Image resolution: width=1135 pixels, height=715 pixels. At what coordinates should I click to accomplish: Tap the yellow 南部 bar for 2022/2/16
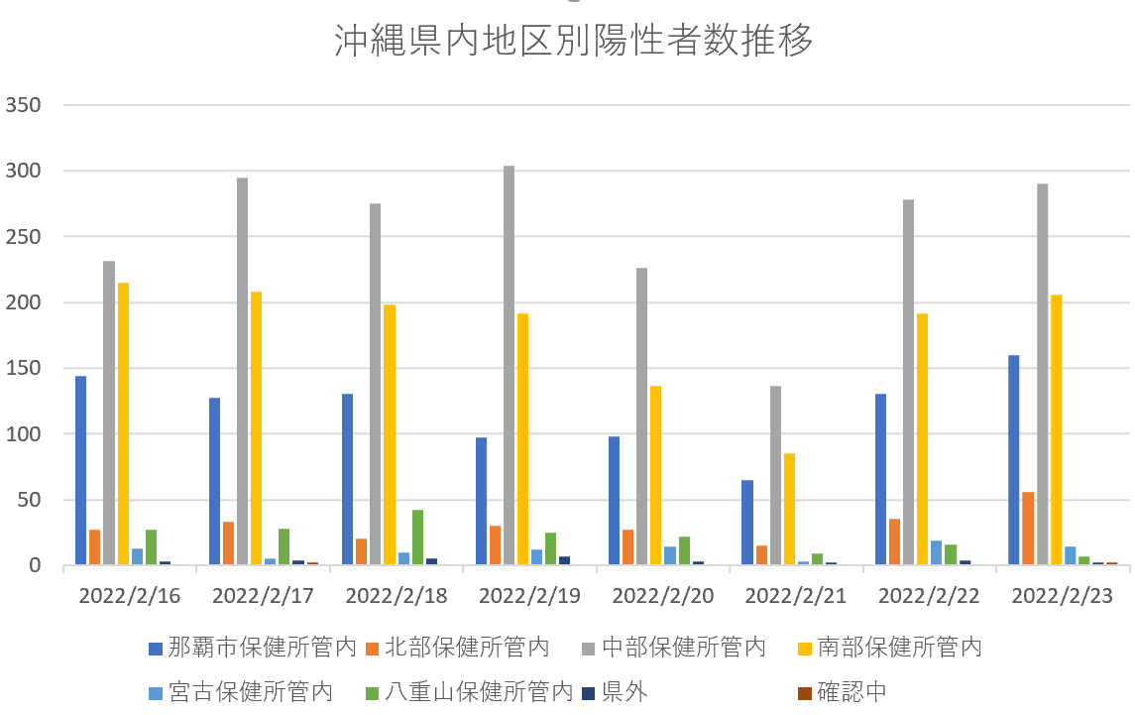coord(123,423)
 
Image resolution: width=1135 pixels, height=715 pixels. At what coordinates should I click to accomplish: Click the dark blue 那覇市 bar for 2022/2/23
coord(1014,460)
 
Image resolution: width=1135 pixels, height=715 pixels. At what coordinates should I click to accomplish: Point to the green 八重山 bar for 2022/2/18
coord(417,537)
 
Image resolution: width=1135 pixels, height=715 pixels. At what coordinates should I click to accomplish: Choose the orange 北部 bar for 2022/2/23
coord(1028,529)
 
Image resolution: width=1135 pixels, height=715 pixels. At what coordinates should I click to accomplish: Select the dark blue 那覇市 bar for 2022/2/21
coord(747,523)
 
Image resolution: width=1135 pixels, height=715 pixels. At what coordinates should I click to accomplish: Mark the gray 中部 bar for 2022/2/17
coord(242,371)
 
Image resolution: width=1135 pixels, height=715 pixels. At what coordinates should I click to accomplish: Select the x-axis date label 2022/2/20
coord(662,596)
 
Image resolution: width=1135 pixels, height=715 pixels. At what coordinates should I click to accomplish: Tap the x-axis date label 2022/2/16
coord(129,596)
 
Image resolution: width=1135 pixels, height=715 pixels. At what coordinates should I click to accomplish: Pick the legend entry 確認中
coord(849,691)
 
